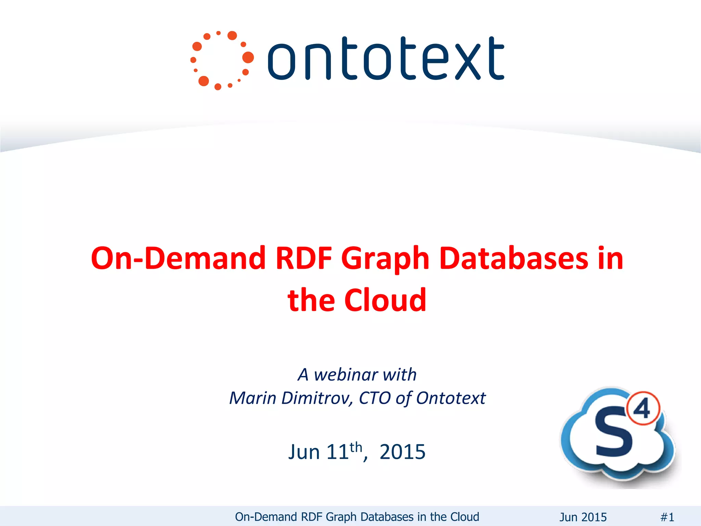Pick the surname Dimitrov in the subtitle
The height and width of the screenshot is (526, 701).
(317, 398)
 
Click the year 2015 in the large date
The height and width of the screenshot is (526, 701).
(403, 452)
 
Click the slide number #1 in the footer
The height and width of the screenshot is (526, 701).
(667, 517)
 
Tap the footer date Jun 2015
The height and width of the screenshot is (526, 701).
(583, 517)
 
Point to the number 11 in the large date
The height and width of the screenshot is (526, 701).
(337, 452)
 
